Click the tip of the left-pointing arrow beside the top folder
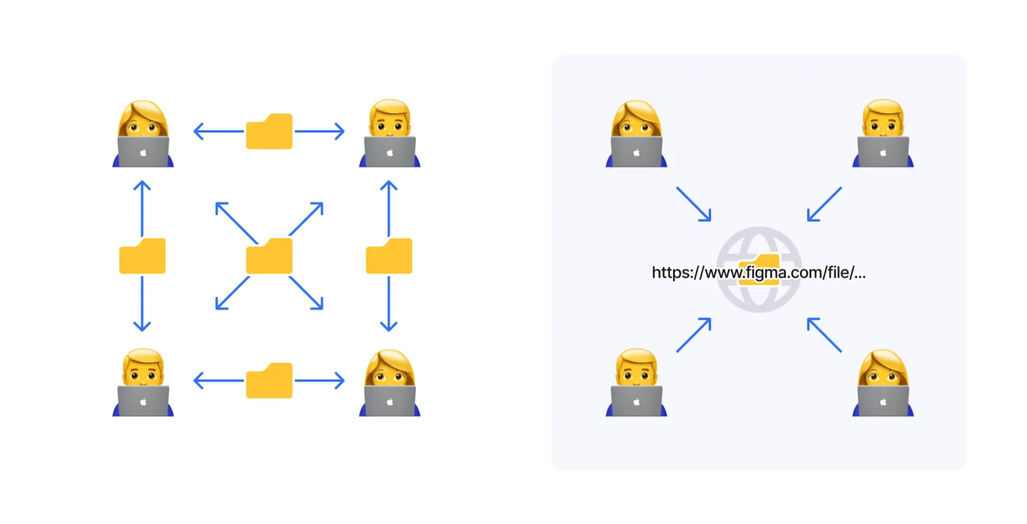point(194,131)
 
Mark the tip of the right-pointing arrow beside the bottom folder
point(344,380)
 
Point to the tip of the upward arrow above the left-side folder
point(142,182)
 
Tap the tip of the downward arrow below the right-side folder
point(388,331)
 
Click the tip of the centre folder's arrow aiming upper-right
point(323,203)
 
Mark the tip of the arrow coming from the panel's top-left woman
point(710,221)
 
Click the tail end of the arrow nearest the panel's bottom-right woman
point(841,352)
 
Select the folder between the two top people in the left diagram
point(269,131)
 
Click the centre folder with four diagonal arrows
point(269,256)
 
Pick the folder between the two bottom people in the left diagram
point(269,380)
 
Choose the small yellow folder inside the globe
point(759,270)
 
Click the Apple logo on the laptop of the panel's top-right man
point(883,153)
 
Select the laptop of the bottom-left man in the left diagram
point(143,401)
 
